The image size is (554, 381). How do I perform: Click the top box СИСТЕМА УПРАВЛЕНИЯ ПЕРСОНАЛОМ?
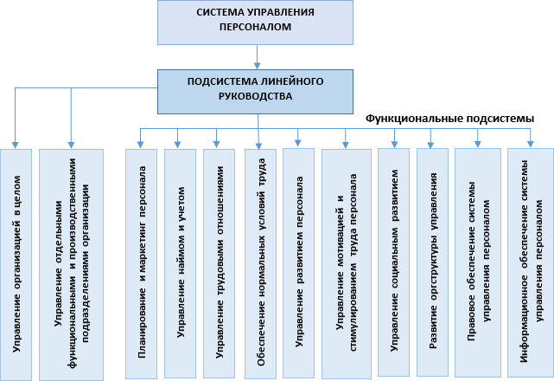click(255, 23)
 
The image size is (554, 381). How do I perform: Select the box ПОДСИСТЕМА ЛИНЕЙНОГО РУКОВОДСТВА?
click(255, 92)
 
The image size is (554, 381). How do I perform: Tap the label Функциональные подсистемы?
click(449, 119)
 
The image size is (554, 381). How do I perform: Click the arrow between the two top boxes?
click(258, 56)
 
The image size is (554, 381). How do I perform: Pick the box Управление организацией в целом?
click(16, 264)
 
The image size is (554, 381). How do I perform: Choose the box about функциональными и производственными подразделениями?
click(71, 264)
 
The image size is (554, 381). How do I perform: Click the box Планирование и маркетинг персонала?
click(142, 264)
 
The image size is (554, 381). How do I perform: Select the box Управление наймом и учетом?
click(180, 263)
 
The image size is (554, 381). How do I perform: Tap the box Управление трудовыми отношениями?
click(219, 263)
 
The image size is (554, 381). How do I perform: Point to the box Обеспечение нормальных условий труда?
click(260, 264)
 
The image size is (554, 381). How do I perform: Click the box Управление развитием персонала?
click(298, 263)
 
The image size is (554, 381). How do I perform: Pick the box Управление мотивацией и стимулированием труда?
click(347, 264)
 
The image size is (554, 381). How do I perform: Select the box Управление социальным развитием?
click(393, 262)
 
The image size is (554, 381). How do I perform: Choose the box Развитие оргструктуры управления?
click(432, 262)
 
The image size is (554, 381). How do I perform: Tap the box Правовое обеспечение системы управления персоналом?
click(478, 262)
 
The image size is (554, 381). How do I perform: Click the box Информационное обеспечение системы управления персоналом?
click(531, 262)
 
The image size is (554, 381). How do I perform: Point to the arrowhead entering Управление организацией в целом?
click(15, 145)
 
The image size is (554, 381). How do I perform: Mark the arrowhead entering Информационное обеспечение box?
click(531, 144)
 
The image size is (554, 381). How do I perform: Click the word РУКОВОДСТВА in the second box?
click(256, 96)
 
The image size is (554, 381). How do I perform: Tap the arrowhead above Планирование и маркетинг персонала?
click(140, 145)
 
